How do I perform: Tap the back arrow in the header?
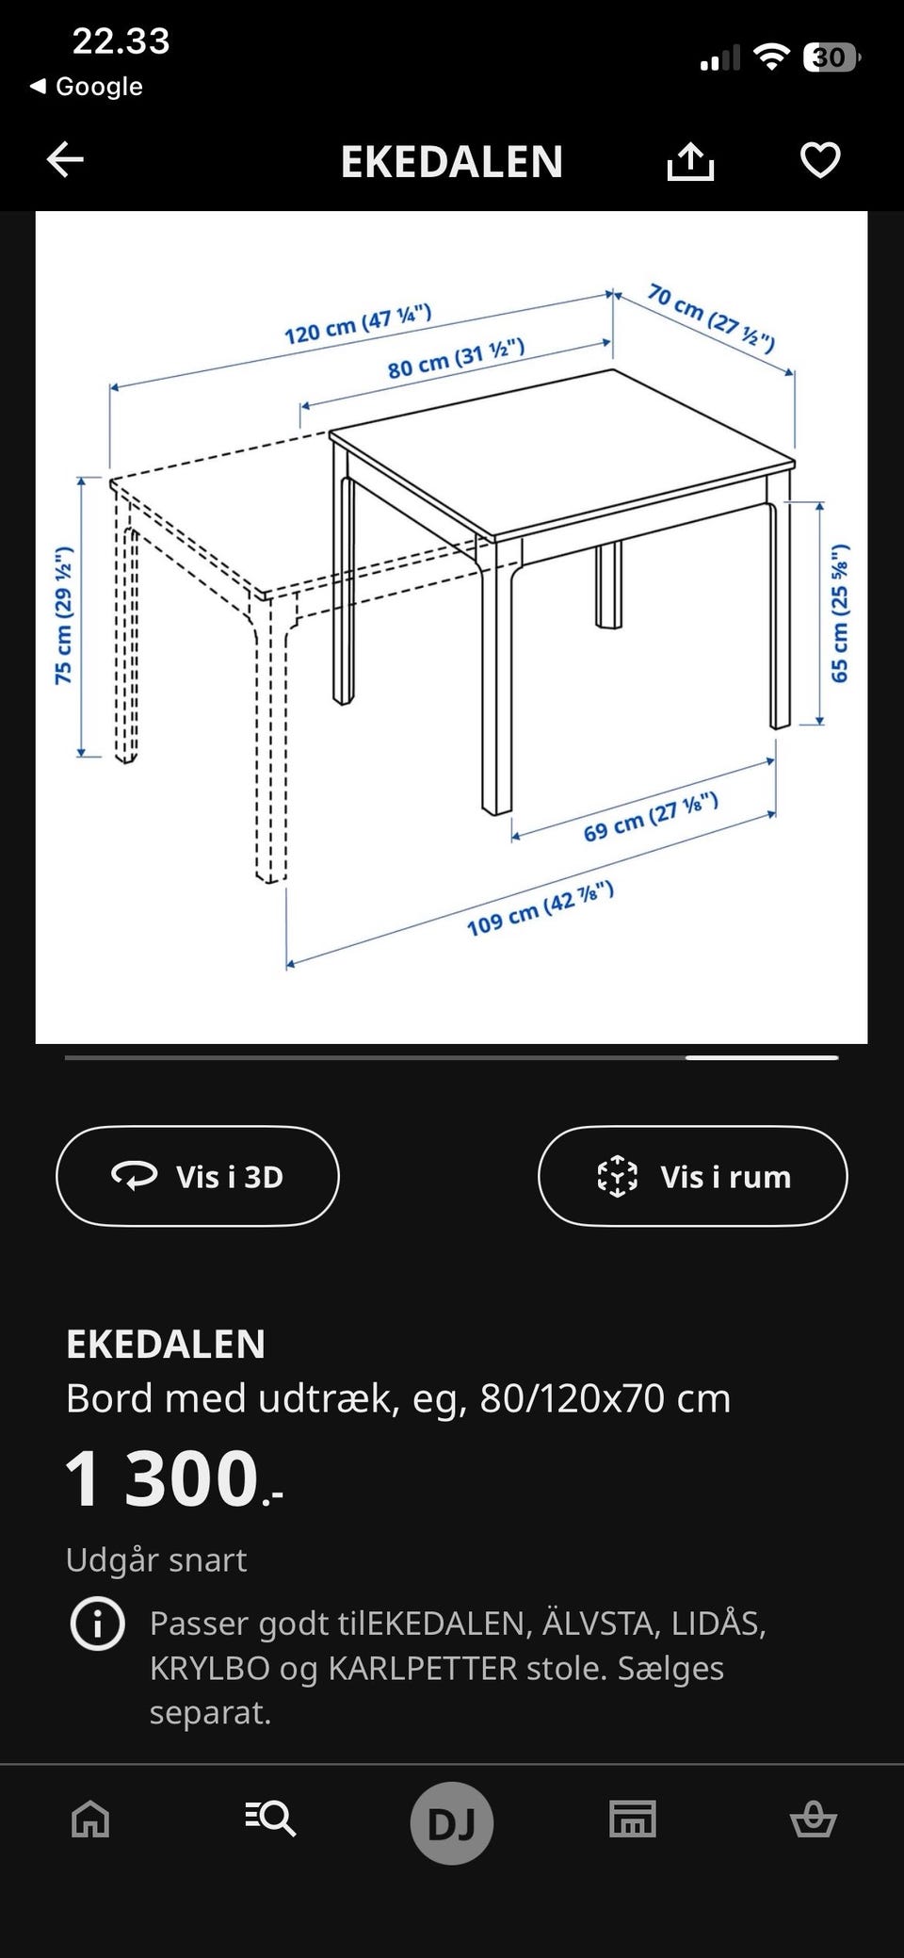[66, 160]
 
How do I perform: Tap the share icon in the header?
[690, 161]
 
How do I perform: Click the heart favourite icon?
[819, 160]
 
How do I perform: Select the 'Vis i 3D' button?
[198, 1176]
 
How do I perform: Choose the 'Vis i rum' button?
[693, 1176]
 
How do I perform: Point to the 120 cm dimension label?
[358, 324]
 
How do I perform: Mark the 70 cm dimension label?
[711, 317]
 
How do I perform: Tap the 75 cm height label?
[63, 615]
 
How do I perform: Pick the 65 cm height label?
[839, 613]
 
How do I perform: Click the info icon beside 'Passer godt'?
[98, 1624]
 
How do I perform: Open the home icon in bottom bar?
[90, 1819]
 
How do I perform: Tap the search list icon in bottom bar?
[271, 1818]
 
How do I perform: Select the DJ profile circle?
[452, 1822]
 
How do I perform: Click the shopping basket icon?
[813, 1819]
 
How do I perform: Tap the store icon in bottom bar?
[633, 1819]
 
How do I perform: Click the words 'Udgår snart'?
[156, 1560]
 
